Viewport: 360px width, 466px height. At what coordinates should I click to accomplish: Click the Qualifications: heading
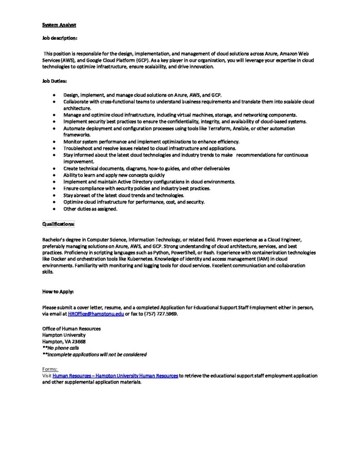tap(58, 224)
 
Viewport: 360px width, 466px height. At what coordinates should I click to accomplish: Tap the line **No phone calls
tap(61, 348)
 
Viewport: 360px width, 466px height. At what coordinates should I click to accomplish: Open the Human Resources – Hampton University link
tap(115, 376)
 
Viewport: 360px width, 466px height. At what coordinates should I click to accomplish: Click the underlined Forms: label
tap(50, 369)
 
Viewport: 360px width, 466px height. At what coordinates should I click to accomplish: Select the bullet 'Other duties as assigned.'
tap(90, 209)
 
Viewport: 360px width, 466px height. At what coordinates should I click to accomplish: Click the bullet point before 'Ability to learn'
tap(54, 175)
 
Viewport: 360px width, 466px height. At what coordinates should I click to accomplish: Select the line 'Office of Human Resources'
tap(71, 328)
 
